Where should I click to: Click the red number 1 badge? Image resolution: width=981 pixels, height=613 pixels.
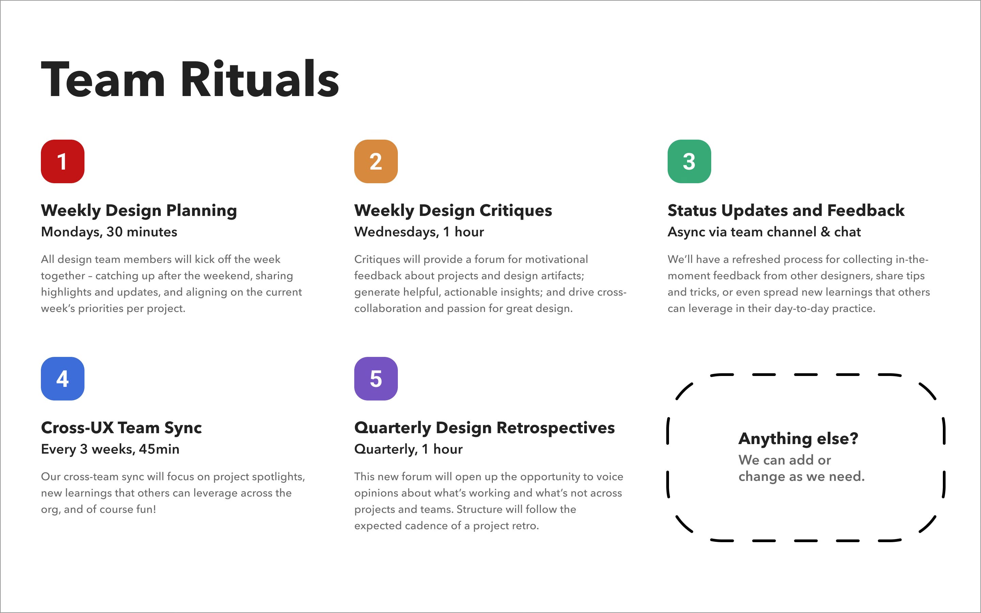click(62, 161)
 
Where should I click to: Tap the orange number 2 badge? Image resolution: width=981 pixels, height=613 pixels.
click(376, 161)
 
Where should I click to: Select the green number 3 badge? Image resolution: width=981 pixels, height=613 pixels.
click(689, 161)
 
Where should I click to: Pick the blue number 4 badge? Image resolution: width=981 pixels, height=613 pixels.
click(62, 379)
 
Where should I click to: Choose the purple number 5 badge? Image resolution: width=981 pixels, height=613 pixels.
click(376, 379)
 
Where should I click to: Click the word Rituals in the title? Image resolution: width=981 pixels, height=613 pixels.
click(260, 79)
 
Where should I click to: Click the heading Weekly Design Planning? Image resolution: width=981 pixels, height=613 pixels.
click(139, 210)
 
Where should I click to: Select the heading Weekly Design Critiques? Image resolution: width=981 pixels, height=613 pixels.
click(453, 210)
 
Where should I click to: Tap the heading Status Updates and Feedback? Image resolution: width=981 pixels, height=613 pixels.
click(785, 210)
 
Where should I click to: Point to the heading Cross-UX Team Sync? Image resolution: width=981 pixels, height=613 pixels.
click(121, 428)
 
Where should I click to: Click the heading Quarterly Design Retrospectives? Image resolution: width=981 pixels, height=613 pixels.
click(484, 428)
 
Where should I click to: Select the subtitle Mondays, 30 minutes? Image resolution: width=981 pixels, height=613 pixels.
click(109, 232)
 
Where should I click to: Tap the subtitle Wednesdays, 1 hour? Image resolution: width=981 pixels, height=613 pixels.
click(419, 232)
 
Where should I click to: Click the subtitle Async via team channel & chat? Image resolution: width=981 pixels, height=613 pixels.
click(764, 232)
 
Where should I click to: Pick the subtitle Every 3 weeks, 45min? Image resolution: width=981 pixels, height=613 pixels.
click(110, 449)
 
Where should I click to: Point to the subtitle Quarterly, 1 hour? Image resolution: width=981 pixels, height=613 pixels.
click(408, 449)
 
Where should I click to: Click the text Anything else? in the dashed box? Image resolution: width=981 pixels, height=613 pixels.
click(798, 439)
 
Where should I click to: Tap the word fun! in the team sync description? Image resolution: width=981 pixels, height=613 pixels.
click(145, 509)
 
